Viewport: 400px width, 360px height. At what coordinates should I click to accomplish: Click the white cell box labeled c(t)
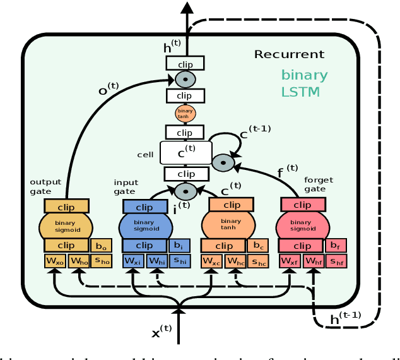(x=185, y=153)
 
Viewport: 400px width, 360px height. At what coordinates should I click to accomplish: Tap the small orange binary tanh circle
(x=185, y=114)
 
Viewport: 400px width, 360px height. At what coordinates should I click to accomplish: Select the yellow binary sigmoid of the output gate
(x=66, y=224)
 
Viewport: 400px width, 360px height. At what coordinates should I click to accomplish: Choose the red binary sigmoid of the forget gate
(x=302, y=224)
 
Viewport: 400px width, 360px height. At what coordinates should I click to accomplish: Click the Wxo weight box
(x=55, y=260)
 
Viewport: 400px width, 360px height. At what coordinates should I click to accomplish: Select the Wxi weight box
(x=132, y=260)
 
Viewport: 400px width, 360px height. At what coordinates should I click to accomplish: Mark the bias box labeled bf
(x=336, y=245)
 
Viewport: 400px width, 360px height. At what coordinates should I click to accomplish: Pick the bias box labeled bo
(x=102, y=245)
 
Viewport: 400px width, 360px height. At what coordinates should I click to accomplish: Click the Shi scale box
(x=179, y=260)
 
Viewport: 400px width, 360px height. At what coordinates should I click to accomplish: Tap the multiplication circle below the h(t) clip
(x=185, y=80)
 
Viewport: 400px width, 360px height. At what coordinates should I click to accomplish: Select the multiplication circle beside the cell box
(x=223, y=162)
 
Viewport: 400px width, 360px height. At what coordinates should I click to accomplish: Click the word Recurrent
(x=289, y=54)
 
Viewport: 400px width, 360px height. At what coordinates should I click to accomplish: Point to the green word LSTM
(x=300, y=92)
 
